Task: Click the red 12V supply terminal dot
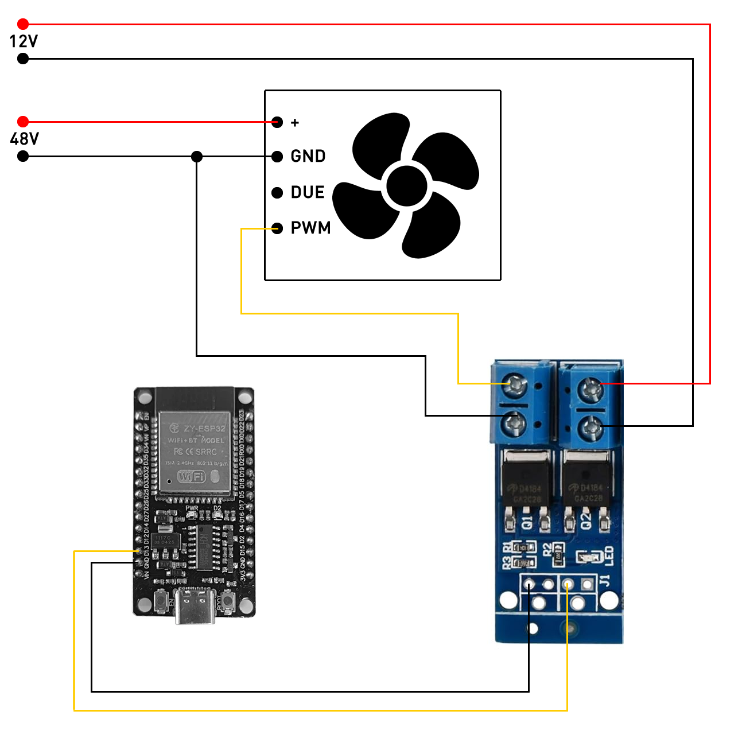23,24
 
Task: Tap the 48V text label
24,139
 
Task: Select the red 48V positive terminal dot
23,122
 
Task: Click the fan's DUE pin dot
277,193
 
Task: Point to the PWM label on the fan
310,228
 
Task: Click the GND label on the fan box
308,156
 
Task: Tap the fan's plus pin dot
277,122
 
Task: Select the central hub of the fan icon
407,185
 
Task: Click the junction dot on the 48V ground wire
197,156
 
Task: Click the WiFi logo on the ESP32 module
192,476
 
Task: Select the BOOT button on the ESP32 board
228,602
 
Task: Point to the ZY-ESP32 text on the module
204,429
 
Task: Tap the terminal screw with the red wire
590,390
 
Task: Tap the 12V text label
24,41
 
